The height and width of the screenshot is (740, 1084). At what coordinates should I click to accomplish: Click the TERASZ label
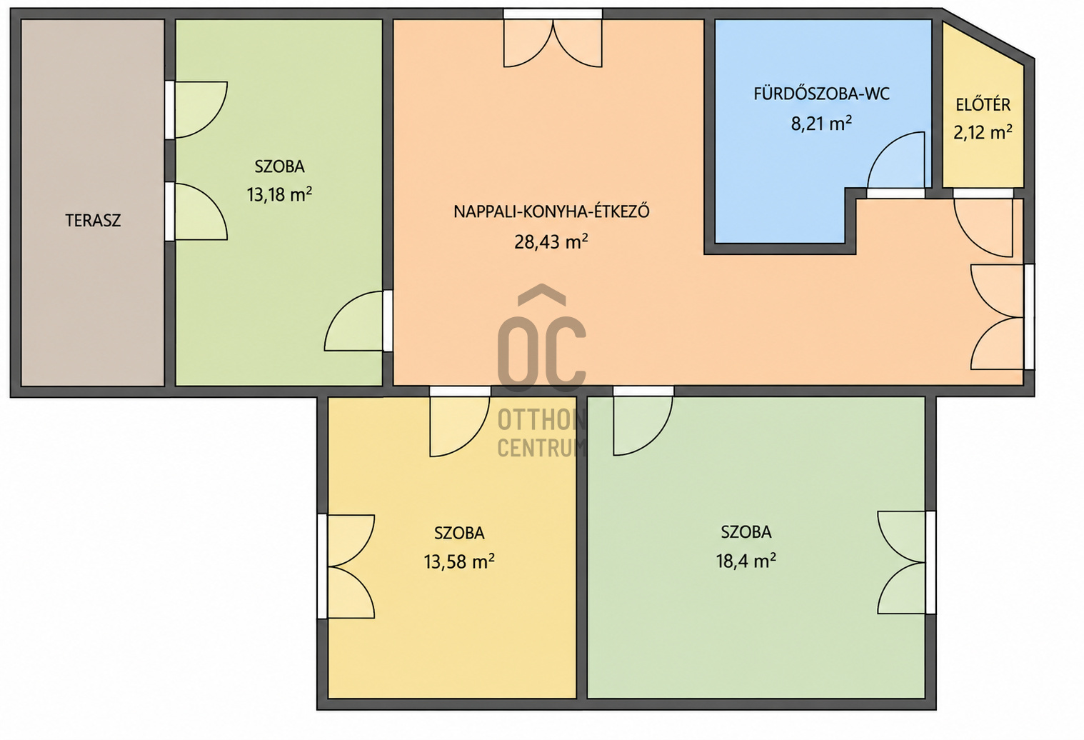click(x=93, y=221)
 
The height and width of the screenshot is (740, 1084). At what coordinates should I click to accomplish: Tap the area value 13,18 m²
click(x=279, y=194)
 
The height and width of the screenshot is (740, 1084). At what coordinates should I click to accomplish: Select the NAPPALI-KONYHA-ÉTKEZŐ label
click(x=551, y=211)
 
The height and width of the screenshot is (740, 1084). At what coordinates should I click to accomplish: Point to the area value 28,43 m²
click(x=551, y=241)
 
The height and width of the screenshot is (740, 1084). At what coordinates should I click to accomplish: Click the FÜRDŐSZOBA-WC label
click(x=821, y=94)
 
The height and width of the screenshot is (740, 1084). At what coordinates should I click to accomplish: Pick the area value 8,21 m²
click(x=821, y=124)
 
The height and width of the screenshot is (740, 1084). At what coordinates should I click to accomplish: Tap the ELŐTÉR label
click(x=983, y=105)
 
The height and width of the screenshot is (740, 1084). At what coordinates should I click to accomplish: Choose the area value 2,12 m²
click(x=983, y=132)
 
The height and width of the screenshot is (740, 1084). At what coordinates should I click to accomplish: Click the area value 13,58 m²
click(x=458, y=562)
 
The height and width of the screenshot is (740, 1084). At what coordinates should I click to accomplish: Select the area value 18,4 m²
click(x=746, y=561)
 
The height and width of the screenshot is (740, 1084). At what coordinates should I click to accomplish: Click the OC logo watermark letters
click(x=541, y=338)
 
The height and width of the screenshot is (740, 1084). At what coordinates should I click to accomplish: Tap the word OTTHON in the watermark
click(x=541, y=419)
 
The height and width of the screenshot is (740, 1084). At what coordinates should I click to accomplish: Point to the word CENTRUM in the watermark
click(x=541, y=448)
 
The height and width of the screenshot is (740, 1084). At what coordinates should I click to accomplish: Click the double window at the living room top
click(x=553, y=39)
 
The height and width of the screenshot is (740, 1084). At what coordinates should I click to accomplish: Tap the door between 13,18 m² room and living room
click(x=358, y=321)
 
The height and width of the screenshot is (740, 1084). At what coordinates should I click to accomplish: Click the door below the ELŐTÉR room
click(x=983, y=224)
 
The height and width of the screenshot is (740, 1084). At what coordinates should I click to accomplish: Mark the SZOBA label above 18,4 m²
click(x=746, y=532)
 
